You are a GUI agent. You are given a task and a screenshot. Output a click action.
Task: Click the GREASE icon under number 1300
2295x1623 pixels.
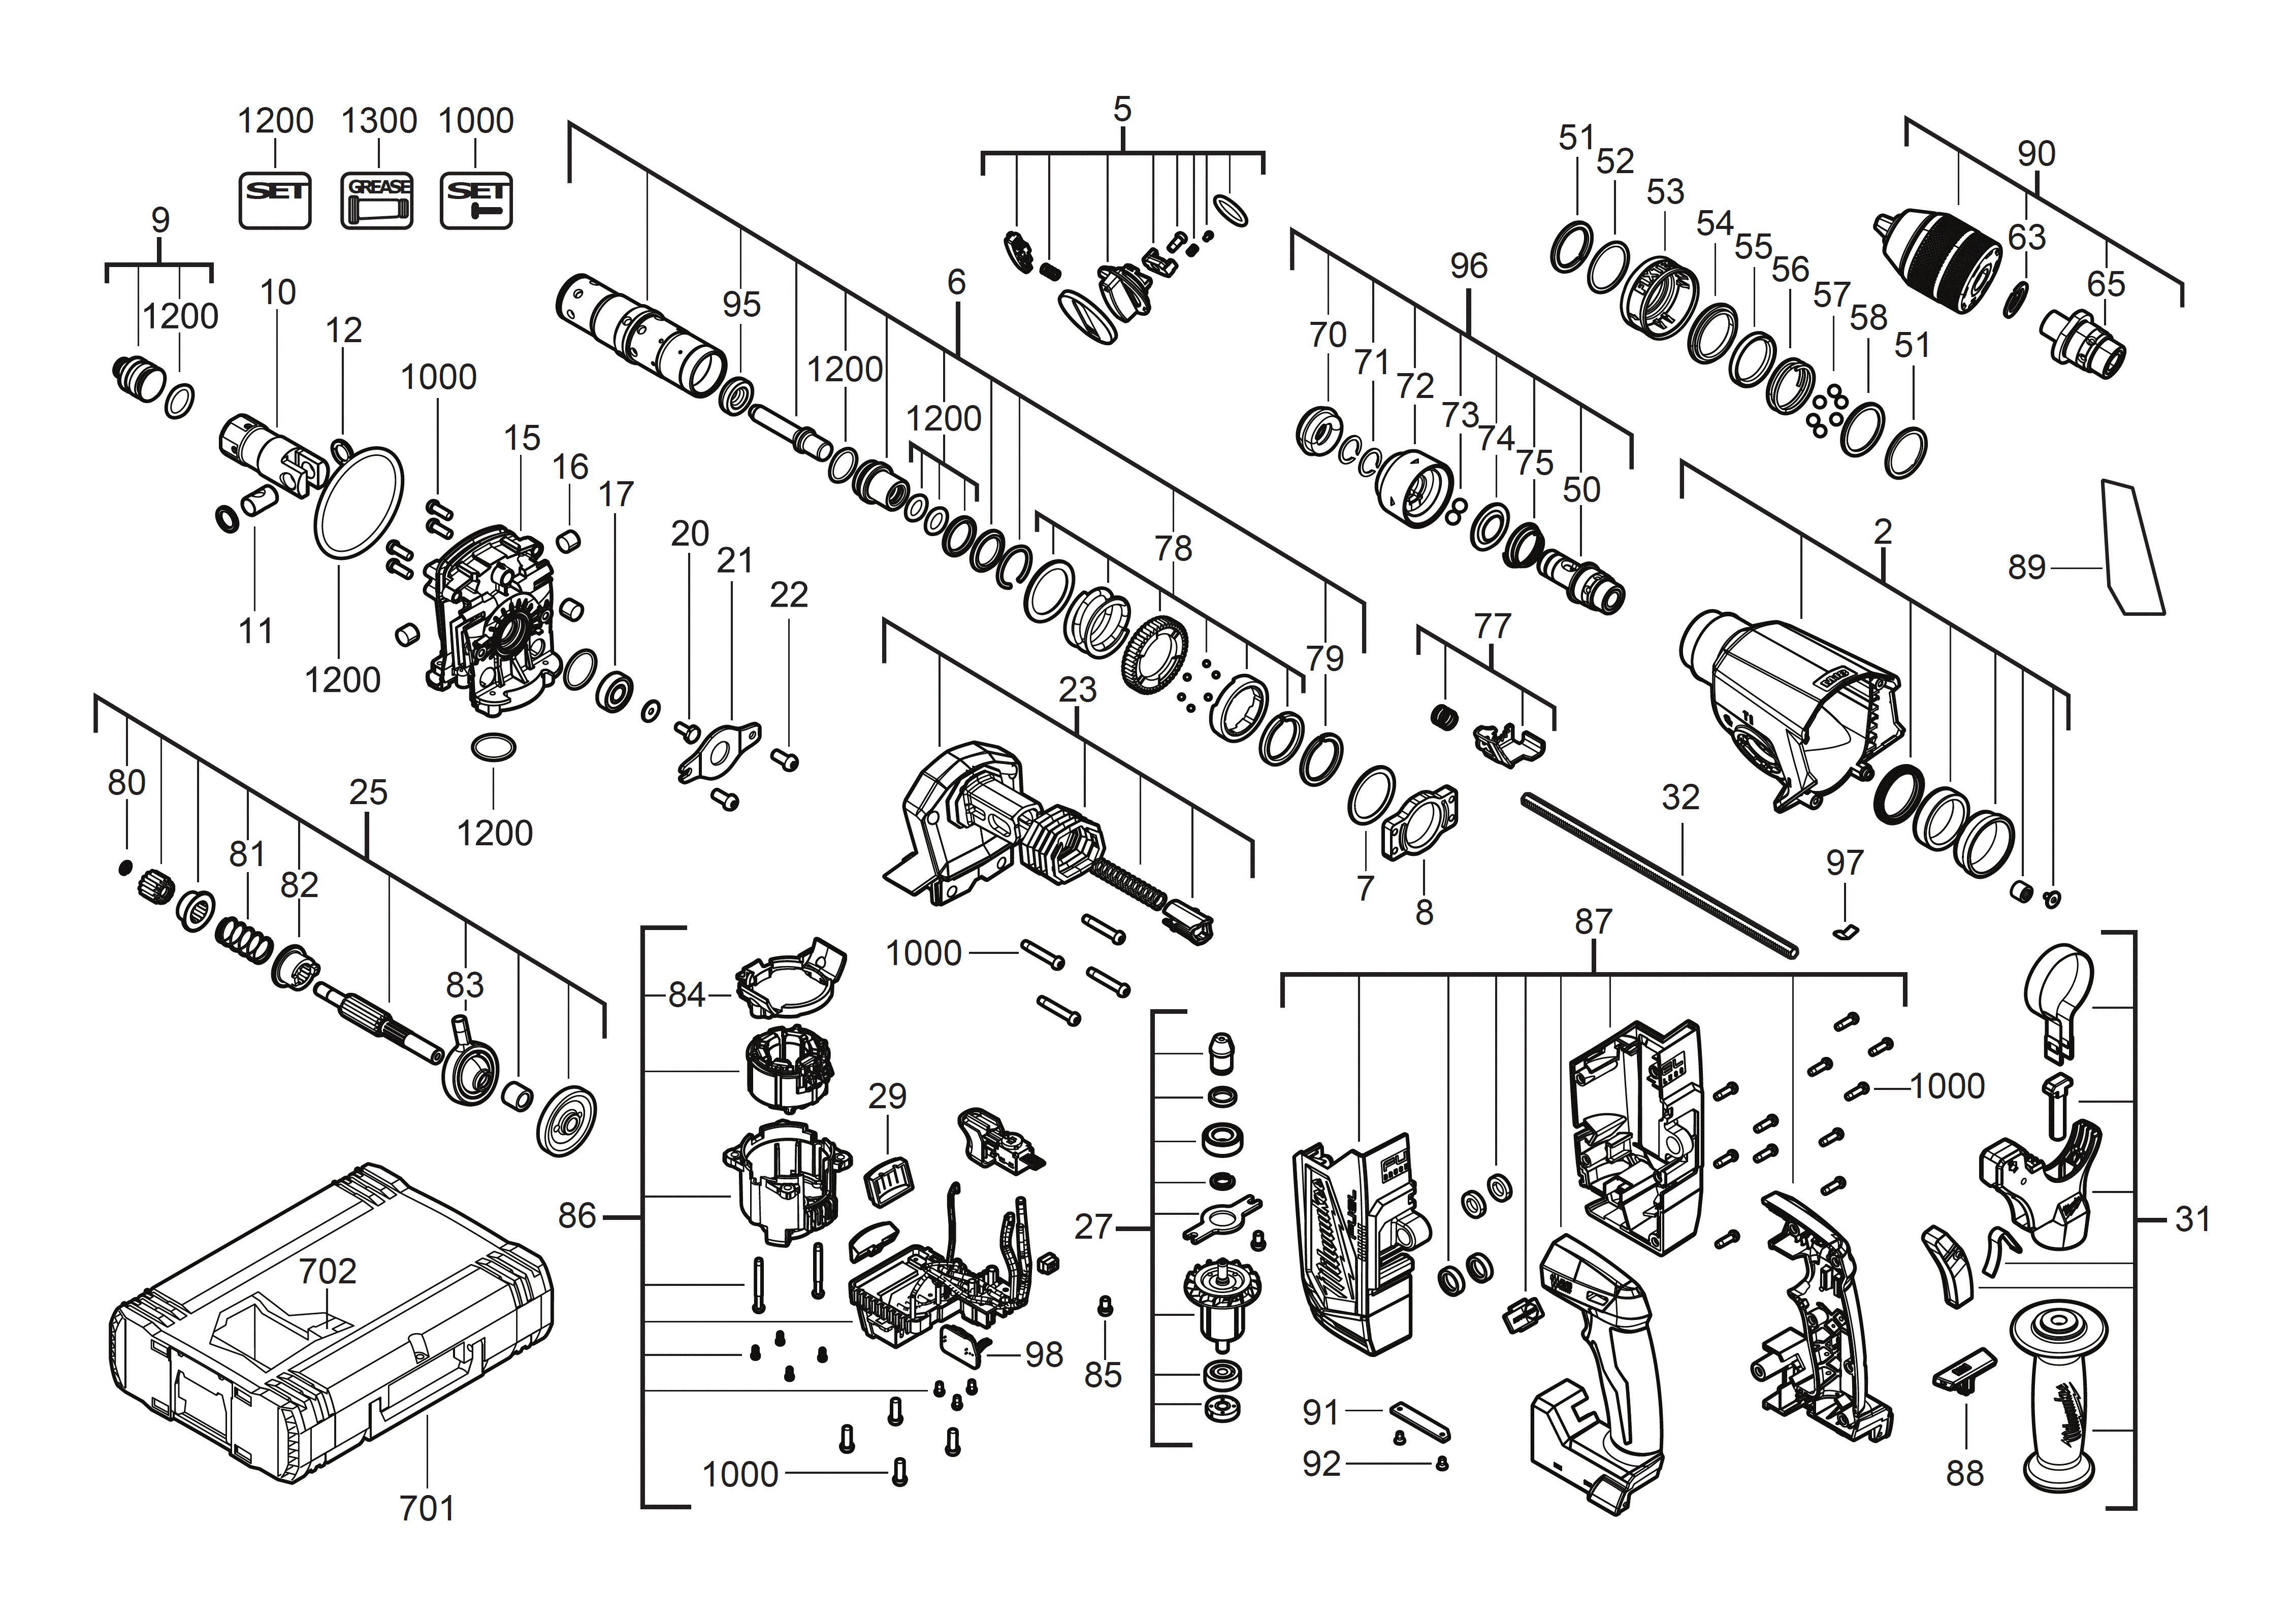[x=377, y=200]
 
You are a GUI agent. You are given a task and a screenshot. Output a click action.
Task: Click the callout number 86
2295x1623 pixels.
[x=577, y=1216]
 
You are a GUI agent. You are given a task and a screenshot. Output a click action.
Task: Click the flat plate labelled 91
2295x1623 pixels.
[x=1417, y=1419]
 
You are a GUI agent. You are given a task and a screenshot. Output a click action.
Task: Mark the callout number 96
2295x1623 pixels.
[x=1468, y=266]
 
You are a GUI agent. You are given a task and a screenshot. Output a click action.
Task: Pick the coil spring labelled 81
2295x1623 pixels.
[x=244, y=939]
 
